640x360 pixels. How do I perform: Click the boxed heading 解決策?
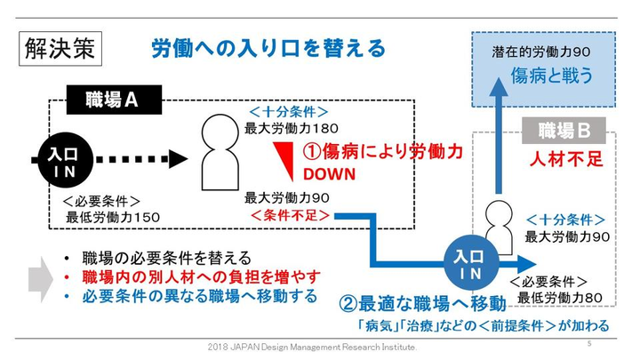60,49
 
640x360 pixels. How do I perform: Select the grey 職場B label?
564,132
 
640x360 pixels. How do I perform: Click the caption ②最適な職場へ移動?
422,302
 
